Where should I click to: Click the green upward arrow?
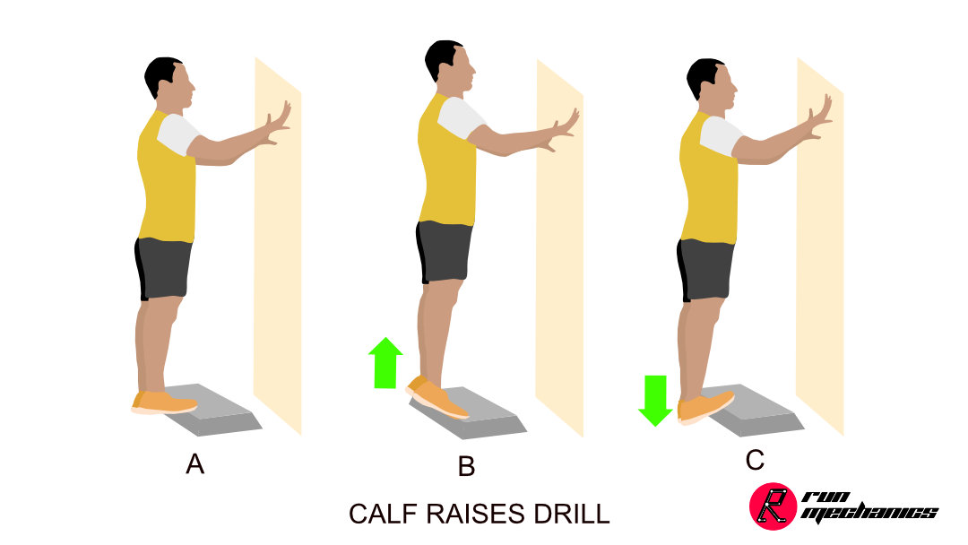point(385,363)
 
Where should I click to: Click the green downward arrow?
point(655,401)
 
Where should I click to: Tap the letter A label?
point(195,463)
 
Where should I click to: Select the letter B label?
point(466,466)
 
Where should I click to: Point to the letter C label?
point(755,460)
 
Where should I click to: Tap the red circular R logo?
point(773,506)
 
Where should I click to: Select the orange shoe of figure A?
point(164,402)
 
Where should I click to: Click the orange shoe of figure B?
point(436,398)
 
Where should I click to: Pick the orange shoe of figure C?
point(705,407)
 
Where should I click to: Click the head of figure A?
point(170,83)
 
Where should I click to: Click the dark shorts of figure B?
point(444,252)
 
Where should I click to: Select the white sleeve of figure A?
point(178,134)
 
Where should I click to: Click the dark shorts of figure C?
point(705,270)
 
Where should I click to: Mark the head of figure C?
point(713,84)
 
